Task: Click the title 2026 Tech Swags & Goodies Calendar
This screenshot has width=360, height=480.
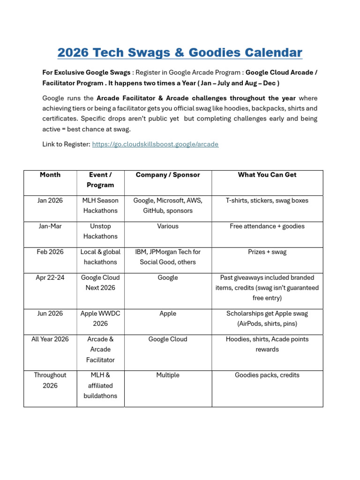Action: (180, 52)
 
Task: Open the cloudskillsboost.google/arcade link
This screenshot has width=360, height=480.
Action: (155, 144)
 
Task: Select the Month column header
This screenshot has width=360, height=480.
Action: (50, 175)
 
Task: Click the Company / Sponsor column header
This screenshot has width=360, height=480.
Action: (168, 175)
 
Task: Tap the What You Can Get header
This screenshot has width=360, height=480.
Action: (267, 175)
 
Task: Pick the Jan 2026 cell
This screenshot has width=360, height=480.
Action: (50, 201)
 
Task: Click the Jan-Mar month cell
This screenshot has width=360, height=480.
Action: (50, 226)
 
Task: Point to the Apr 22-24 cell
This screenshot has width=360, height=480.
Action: (50, 278)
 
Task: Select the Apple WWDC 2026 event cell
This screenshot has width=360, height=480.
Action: (100, 318)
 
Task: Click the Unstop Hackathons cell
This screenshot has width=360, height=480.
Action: (100, 231)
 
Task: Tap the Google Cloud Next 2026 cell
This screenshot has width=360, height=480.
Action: (100, 283)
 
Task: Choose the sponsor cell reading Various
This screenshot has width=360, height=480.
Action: (168, 226)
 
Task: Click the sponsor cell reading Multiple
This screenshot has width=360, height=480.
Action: (168, 375)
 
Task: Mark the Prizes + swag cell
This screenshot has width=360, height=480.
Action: (267, 252)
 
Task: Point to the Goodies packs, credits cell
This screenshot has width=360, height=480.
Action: (267, 375)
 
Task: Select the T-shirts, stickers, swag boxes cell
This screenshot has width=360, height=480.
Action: (267, 201)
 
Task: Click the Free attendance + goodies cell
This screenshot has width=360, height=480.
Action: (267, 226)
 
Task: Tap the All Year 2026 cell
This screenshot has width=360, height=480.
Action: (50, 339)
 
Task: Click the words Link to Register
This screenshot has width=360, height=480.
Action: (66, 144)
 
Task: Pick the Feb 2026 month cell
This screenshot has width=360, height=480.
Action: (50, 252)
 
